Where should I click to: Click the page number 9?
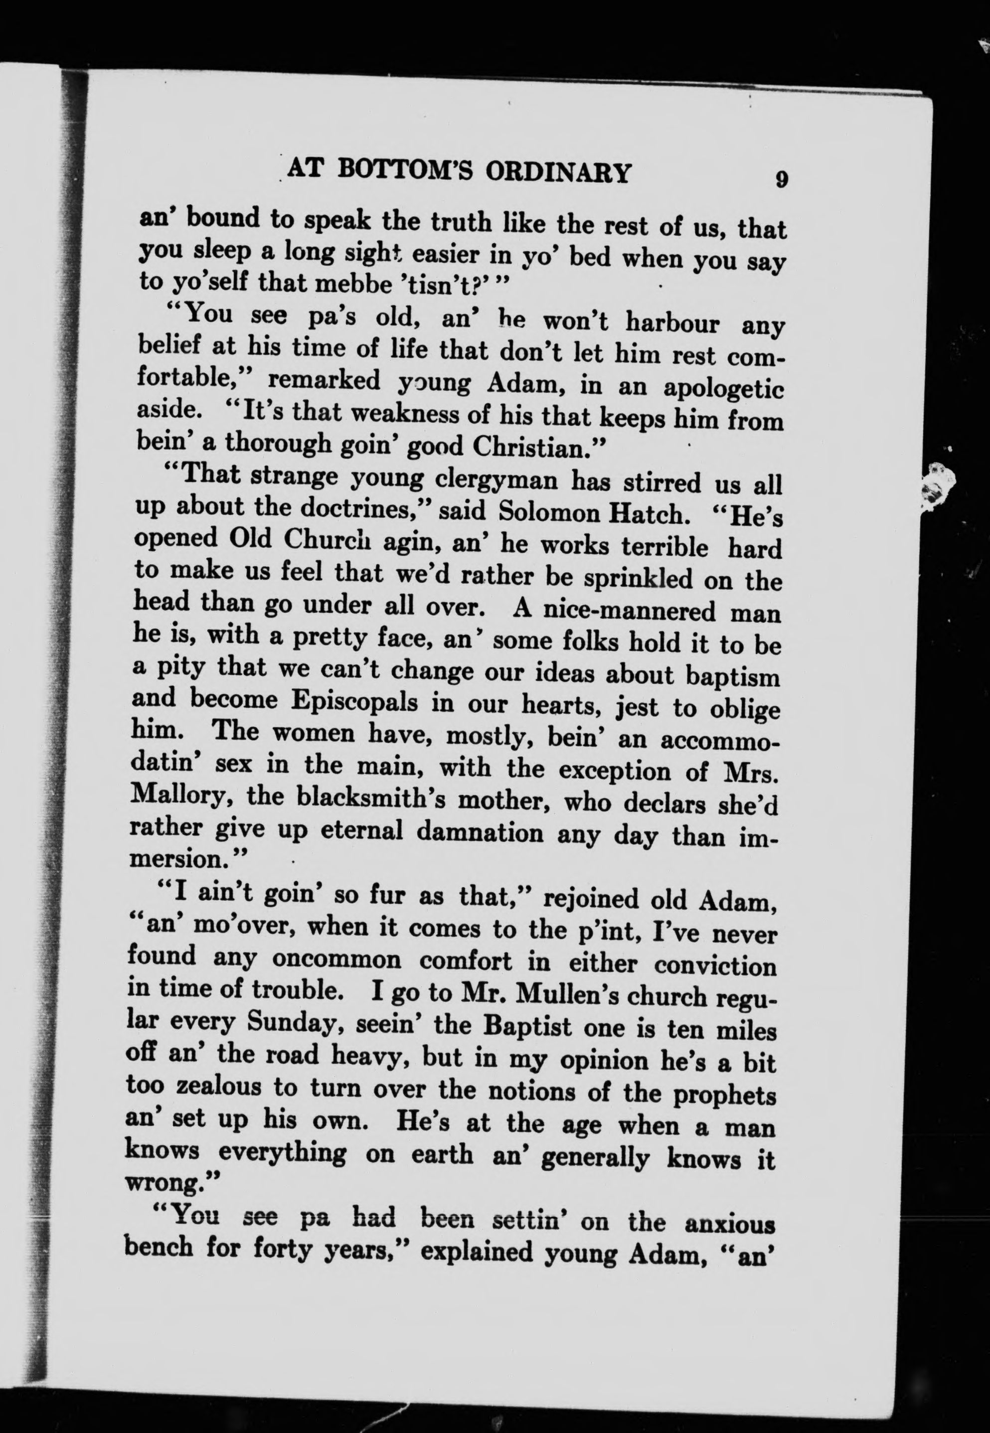[781, 179]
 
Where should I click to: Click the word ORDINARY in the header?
[558, 172]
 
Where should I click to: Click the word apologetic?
[723, 389]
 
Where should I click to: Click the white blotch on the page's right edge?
[937, 487]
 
